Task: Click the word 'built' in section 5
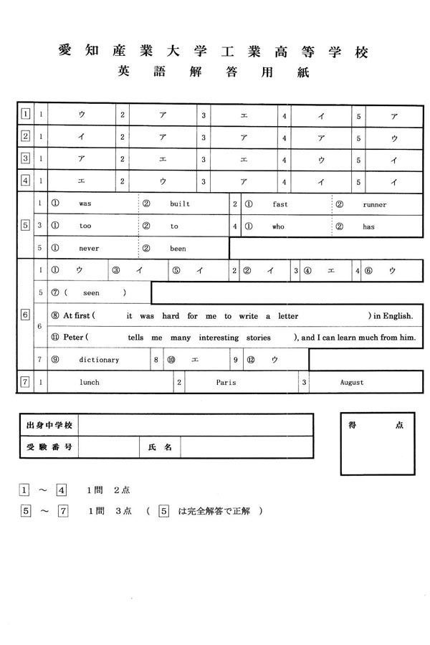coord(180,204)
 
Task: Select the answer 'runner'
coord(374,204)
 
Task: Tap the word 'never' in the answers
coord(89,249)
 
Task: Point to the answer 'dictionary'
coord(100,360)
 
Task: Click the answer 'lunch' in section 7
coord(89,383)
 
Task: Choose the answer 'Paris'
coord(226,383)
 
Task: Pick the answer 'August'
coord(351,383)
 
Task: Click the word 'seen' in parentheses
coord(92,293)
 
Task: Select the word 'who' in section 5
coord(279,226)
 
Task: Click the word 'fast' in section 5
coord(280,204)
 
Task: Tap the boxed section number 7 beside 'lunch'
coord(25,382)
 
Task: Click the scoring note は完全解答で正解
coord(217,511)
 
